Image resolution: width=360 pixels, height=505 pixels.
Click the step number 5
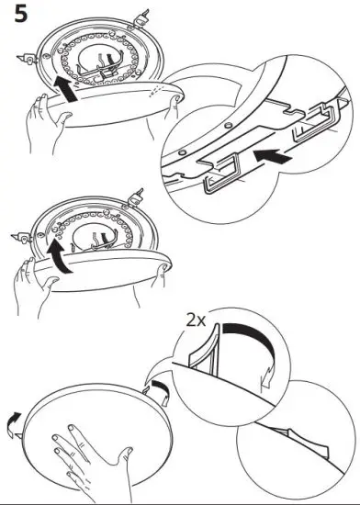(17, 17)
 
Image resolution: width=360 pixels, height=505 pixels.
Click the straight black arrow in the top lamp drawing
(65, 89)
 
